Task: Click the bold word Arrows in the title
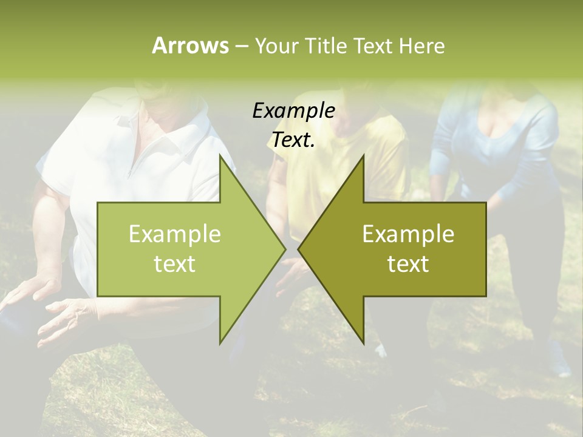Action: click(190, 46)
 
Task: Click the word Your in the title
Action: click(276, 46)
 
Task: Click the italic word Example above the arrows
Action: click(293, 111)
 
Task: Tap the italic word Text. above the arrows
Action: click(293, 140)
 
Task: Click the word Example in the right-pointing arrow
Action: click(175, 234)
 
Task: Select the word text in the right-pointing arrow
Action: click(175, 264)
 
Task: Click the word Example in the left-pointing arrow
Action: click(408, 234)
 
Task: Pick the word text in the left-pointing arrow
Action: click(408, 264)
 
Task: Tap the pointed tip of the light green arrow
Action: click(285, 249)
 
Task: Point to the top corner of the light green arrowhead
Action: click(220, 155)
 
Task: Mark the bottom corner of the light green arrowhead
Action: click(220, 343)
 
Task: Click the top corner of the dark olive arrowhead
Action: click(363, 155)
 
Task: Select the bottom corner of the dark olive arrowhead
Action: click(363, 343)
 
